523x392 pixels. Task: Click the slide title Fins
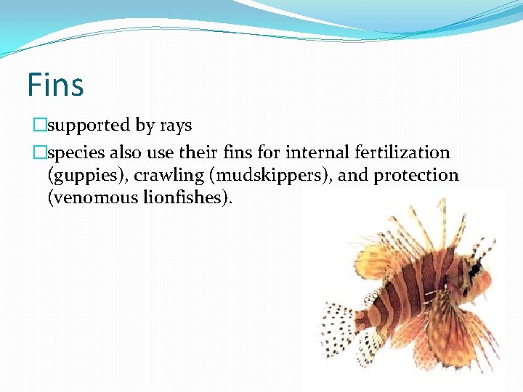(55, 84)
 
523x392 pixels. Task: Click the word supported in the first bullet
(89, 126)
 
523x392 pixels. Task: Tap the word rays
(175, 126)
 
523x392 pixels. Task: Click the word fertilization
(403, 152)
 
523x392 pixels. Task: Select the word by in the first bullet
(145, 126)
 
